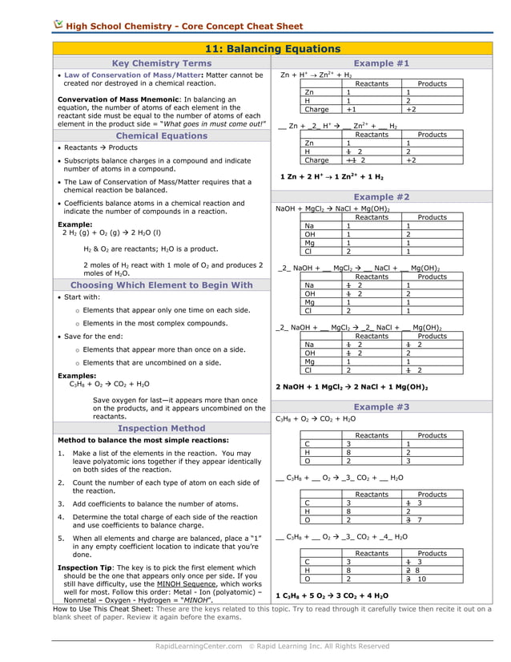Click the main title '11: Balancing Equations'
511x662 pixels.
pyautogui.click(x=273, y=49)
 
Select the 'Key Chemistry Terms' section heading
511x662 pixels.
pyautogui.click(x=162, y=63)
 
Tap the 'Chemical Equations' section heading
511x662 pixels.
pyautogui.click(x=162, y=135)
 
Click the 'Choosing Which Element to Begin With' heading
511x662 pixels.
pyautogui.click(x=162, y=285)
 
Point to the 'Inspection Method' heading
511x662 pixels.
pyautogui.click(x=162, y=428)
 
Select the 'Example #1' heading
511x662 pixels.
pyautogui.click(x=381, y=63)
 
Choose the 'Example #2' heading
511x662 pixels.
pyautogui.click(x=381, y=196)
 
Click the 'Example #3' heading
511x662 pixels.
pyautogui.click(x=381, y=407)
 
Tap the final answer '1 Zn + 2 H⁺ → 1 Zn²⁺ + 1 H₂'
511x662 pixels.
pyautogui.click(x=332, y=176)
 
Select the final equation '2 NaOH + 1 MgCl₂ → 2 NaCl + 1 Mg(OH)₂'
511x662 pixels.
pyautogui.click(x=352, y=387)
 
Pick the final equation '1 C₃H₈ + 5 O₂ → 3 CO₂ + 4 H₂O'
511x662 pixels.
pyautogui.click(x=332, y=595)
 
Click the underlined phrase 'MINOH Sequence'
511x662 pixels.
pyautogui.click(x=183, y=584)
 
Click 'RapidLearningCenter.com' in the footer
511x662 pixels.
pyautogui.click(x=199, y=645)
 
